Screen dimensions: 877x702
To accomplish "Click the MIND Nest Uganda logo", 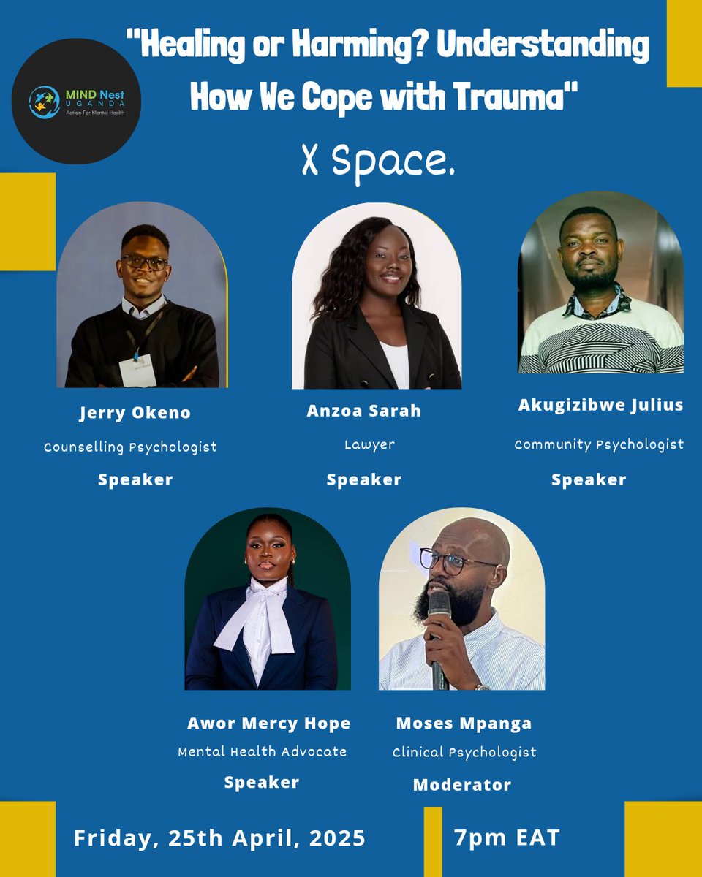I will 76,102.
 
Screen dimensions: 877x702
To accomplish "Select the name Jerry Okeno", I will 135,413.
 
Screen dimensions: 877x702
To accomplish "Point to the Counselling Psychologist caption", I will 130,447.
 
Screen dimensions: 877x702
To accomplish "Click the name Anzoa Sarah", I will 363,411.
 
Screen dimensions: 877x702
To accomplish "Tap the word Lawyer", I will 369,444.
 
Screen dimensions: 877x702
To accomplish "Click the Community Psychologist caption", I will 599,444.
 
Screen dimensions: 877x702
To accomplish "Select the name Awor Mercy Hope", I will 269,724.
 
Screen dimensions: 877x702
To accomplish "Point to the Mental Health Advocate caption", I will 263,751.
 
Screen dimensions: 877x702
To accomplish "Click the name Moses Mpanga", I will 464,724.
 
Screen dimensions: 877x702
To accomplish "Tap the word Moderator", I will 462,785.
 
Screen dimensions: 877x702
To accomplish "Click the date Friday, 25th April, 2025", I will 219,838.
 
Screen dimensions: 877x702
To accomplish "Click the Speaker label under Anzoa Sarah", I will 363,479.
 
